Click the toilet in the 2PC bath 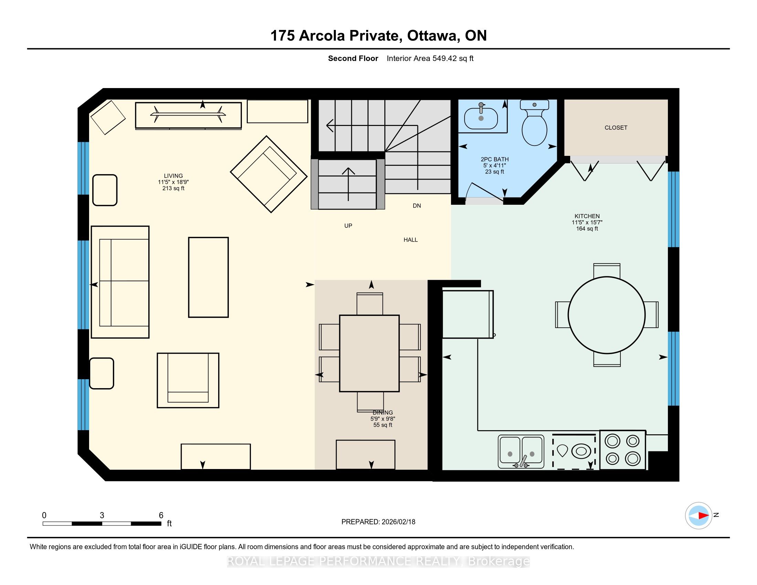[534, 123]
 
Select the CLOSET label [616, 128]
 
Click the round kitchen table [607, 315]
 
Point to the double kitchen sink [521, 451]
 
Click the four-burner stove [622, 450]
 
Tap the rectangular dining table [369, 353]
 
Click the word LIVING [173, 176]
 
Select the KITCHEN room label [587, 216]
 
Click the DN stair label [417, 205]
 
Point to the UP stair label [348, 226]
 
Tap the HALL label [411, 240]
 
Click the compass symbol [699, 515]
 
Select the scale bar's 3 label [102, 515]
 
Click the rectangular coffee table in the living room [208, 277]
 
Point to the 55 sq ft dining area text [383, 425]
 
